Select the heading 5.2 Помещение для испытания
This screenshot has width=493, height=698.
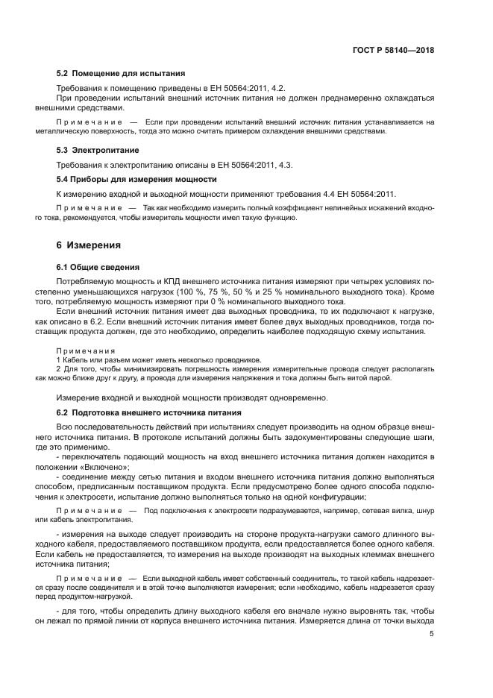pos(121,74)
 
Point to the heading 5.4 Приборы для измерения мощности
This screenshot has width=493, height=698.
pos(136,180)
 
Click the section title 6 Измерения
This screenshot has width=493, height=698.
pos(89,245)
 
